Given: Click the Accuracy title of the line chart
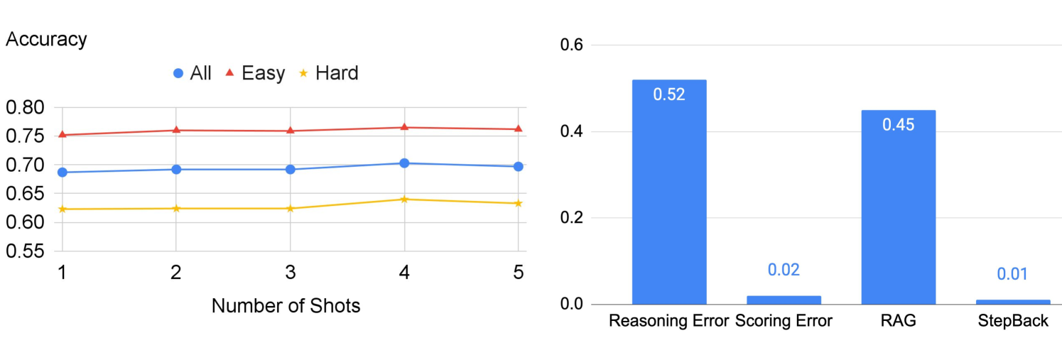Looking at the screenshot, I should [x=46, y=39].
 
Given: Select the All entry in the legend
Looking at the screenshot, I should [x=192, y=73].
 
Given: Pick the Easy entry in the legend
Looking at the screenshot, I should [x=255, y=73].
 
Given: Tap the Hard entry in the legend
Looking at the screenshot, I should [x=327, y=73].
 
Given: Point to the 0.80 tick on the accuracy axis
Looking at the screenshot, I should [x=26, y=108].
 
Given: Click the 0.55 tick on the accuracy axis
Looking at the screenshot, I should [x=26, y=251].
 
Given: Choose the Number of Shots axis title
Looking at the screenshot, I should [x=286, y=306].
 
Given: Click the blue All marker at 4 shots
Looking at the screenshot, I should [x=404, y=163].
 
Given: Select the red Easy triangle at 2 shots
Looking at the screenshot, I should [x=175, y=130].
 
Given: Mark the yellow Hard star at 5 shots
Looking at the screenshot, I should [x=519, y=203].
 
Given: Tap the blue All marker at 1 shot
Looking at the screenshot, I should [x=62, y=172].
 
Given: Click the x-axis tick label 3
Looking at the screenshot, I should [x=290, y=272].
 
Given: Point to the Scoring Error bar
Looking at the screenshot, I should [x=784, y=300].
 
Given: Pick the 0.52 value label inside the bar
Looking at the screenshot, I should [x=669, y=94].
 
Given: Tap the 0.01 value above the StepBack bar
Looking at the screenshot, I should [x=1012, y=274].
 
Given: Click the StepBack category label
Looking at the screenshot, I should [x=1012, y=321].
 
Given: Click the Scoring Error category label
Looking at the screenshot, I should [x=784, y=321].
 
